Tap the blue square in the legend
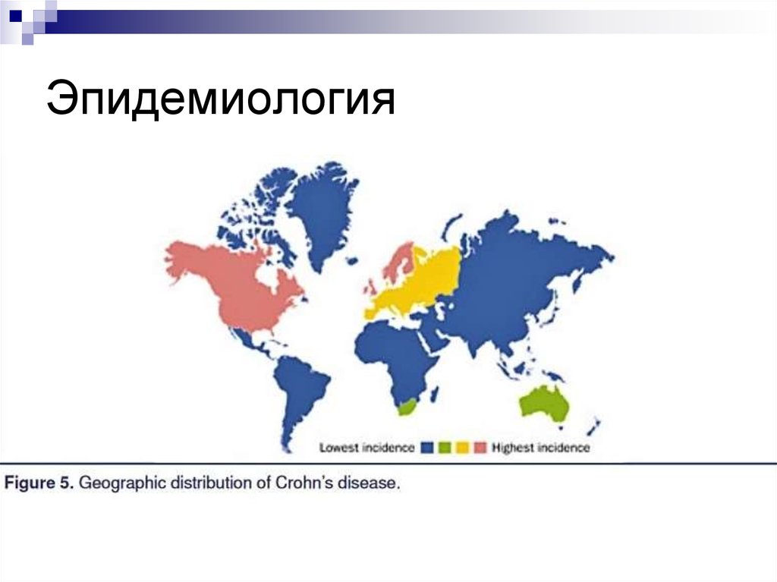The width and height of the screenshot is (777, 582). tap(428, 448)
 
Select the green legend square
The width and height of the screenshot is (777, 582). tap(445, 448)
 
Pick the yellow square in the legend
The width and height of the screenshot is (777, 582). tap(461, 448)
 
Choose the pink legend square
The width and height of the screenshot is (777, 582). tap(479, 448)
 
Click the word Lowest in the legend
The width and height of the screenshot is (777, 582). tap(336, 448)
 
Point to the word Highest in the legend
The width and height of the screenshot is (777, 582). tap(513, 448)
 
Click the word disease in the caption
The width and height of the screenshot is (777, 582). tap(370, 483)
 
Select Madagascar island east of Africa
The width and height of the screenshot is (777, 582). tap(434, 393)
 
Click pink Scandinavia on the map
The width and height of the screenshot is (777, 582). tap(400, 262)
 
